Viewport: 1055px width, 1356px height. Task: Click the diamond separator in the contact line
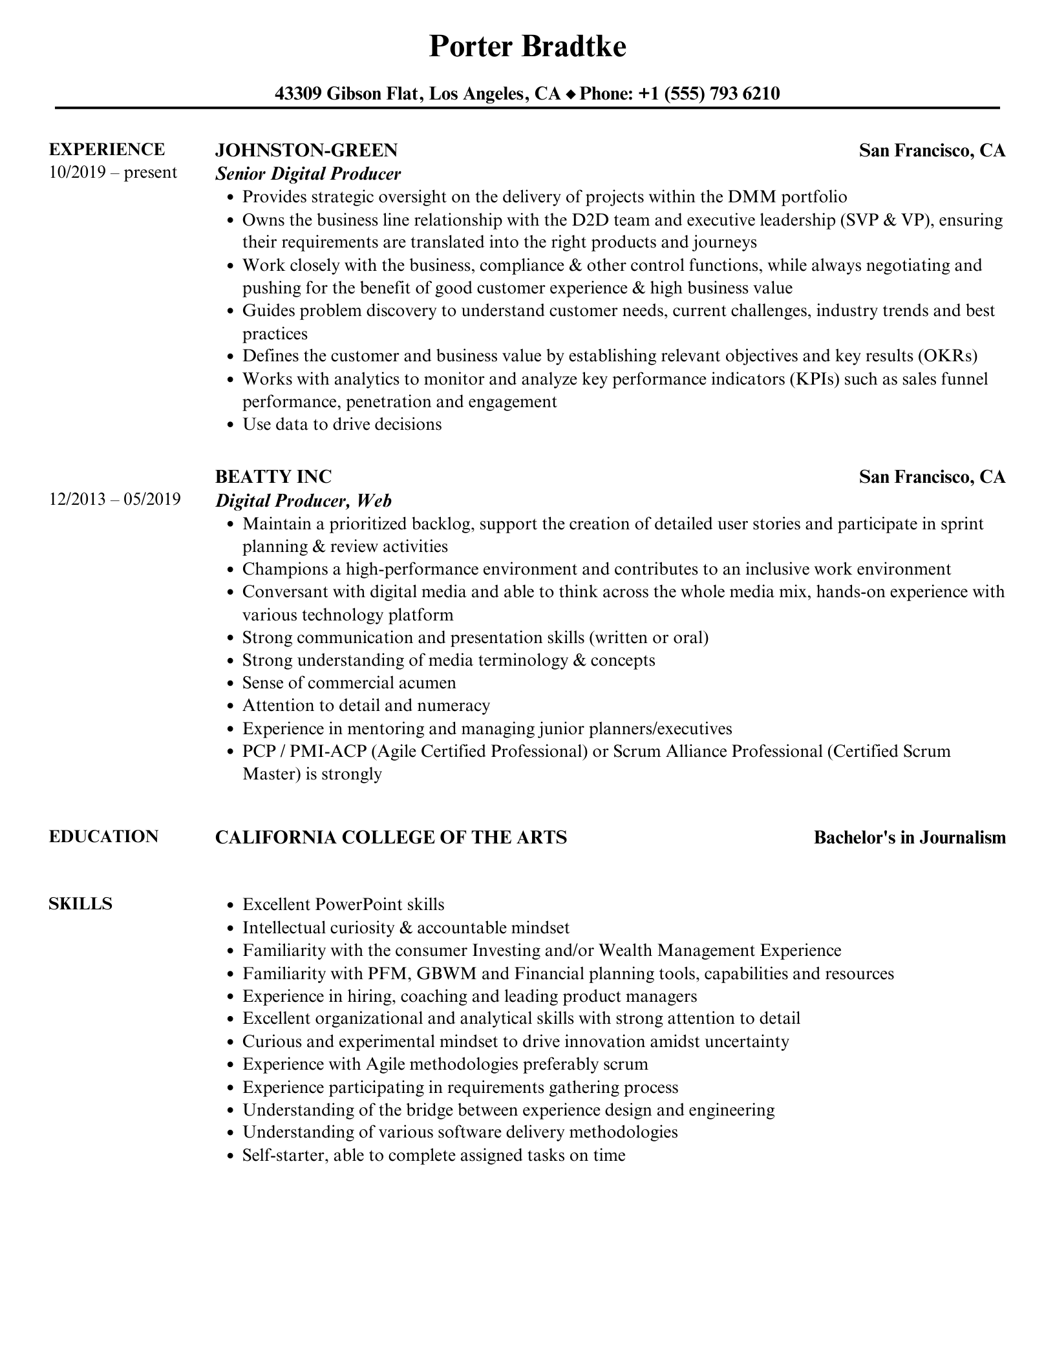[570, 95]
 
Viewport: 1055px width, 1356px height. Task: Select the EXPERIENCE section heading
[107, 150]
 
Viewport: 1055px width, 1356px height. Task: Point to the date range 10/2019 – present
[112, 173]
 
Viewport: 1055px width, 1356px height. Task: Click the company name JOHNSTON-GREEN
[306, 151]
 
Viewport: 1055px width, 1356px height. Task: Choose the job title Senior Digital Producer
[308, 174]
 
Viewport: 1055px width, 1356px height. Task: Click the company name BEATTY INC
[273, 477]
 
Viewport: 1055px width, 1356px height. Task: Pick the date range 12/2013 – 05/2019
[114, 500]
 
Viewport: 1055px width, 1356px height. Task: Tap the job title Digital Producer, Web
[303, 501]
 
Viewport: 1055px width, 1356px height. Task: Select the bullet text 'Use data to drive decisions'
[342, 425]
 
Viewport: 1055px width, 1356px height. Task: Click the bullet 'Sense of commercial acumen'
[349, 683]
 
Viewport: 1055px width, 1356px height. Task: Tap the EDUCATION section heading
[103, 837]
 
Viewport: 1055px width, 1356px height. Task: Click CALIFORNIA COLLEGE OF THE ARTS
[390, 838]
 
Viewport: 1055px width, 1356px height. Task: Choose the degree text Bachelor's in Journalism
[910, 838]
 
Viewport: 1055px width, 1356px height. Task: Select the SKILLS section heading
[80, 904]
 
